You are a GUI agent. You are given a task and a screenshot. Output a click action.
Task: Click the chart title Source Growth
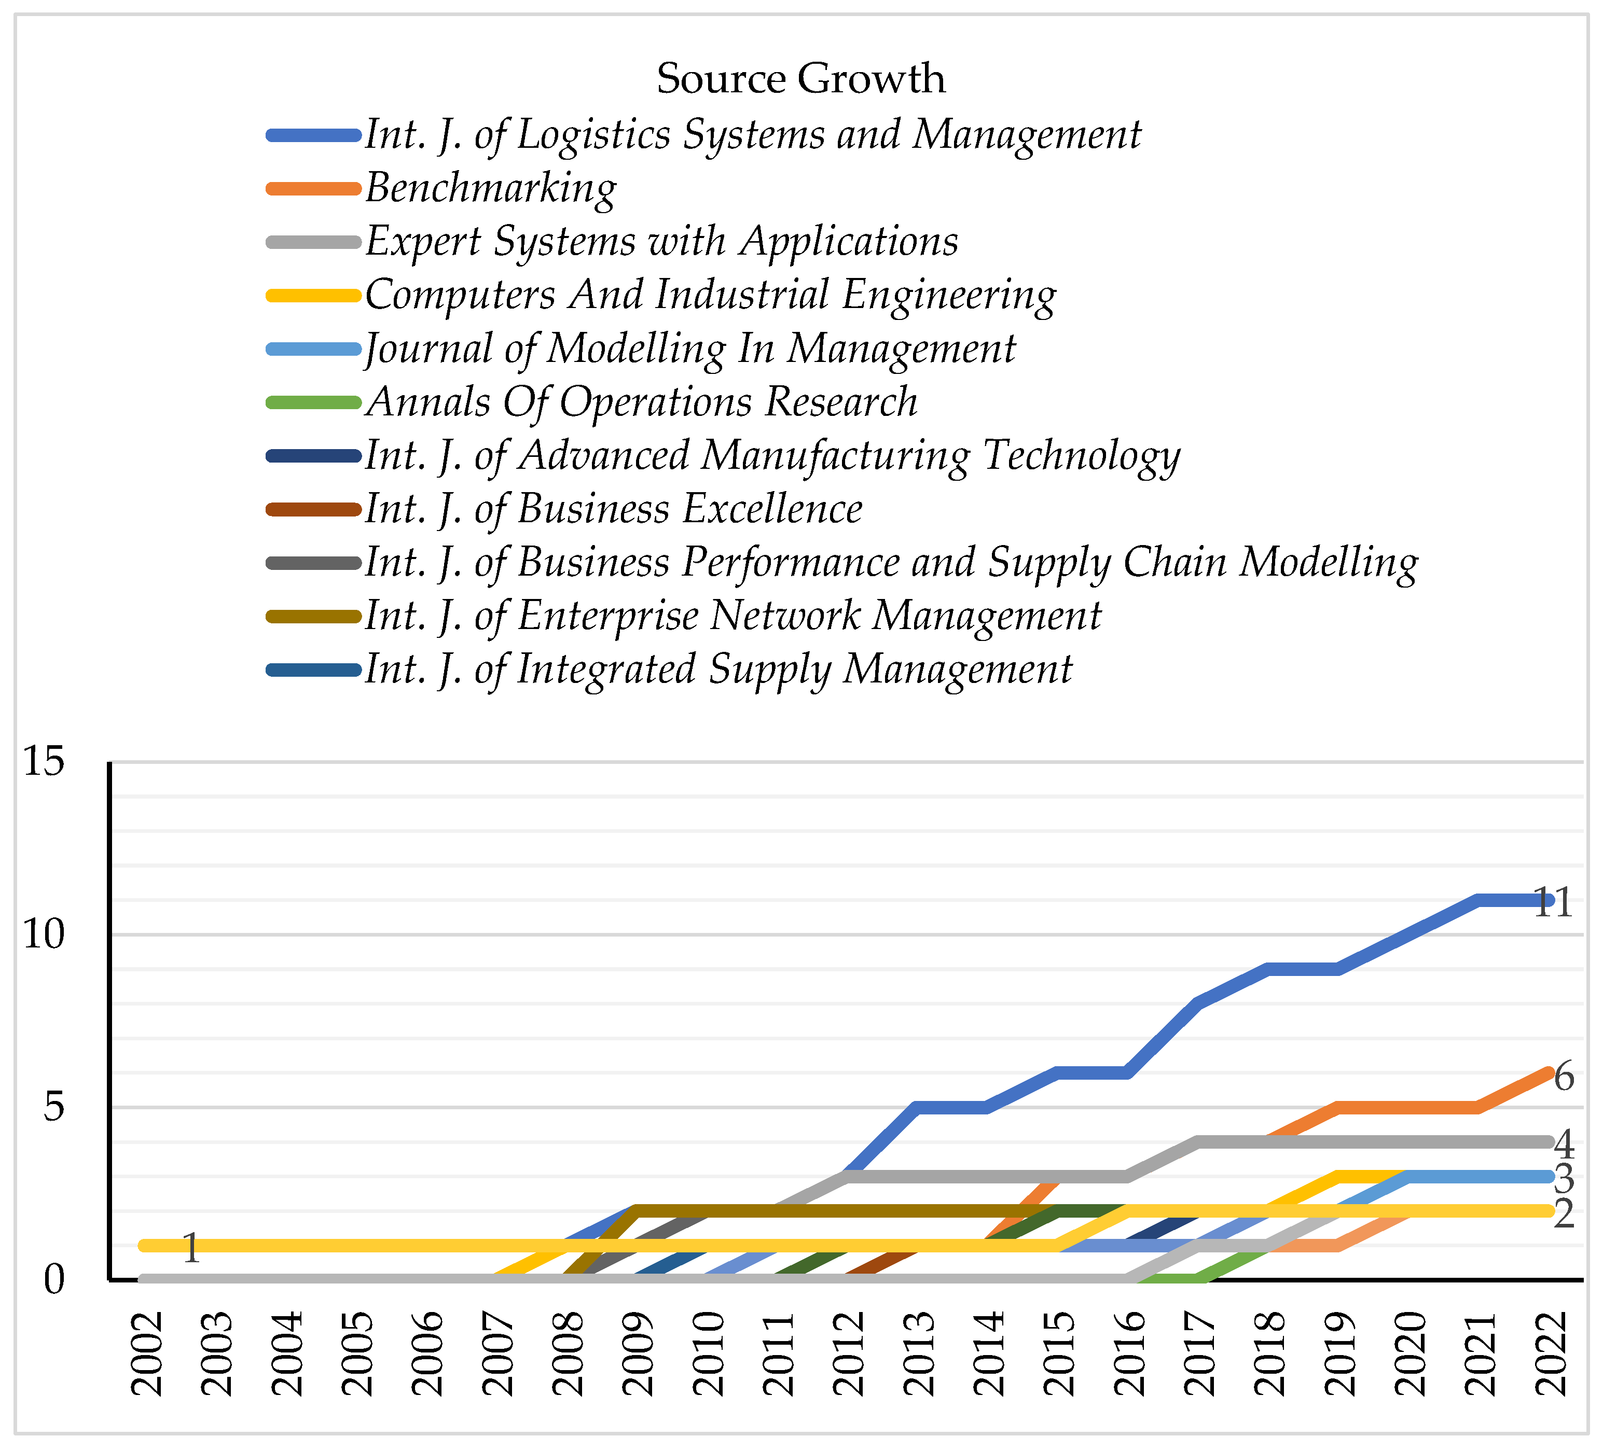pos(800,79)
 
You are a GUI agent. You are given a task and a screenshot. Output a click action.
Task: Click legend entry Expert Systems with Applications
pos(661,242)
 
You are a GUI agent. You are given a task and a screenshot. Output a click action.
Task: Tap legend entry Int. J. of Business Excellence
pos(613,509)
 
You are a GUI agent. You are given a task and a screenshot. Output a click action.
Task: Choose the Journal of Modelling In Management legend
pos(690,349)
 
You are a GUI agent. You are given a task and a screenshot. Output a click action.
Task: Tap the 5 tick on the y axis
pos(54,1107)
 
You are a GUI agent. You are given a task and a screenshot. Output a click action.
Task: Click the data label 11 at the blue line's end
pos(1553,903)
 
